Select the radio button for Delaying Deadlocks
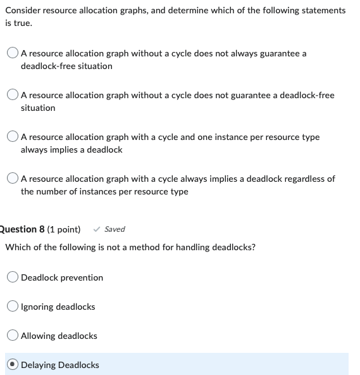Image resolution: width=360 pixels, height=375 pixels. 13,365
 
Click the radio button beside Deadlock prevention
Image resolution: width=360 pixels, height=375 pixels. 13,277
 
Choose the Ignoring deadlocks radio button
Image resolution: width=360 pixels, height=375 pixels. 13,307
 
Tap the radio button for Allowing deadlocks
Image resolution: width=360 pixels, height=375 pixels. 13,336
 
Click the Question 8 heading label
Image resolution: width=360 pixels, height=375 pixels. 22,229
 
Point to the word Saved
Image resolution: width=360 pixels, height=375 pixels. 115,229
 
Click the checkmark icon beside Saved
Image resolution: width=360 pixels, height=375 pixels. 96,229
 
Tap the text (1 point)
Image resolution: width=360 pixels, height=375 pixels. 64,229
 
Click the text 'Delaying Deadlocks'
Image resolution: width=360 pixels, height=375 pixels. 60,365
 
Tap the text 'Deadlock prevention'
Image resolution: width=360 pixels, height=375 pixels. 62,277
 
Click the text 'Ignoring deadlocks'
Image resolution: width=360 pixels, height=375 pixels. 58,307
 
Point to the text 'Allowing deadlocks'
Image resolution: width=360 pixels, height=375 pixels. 59,336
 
